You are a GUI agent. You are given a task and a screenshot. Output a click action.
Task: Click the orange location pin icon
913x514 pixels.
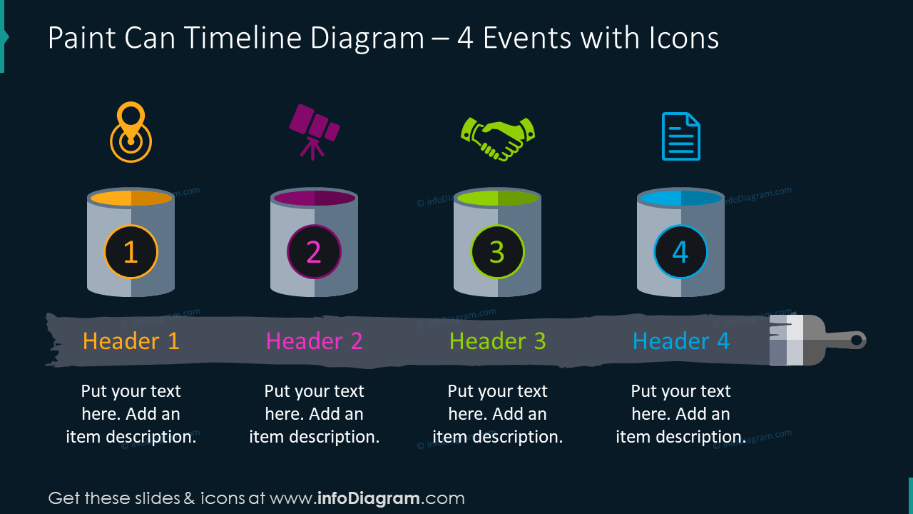tap(131, 133)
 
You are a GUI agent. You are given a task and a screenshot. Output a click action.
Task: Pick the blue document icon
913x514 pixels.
tap(680, 136)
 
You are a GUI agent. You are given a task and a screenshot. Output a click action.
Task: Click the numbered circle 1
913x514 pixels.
tap(131, 252)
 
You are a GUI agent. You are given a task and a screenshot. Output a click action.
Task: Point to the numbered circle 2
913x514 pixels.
tap(314, 252)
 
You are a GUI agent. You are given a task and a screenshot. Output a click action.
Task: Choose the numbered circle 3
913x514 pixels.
tap(497, 252)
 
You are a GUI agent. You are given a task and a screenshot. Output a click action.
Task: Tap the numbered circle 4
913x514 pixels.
tap(680, 252)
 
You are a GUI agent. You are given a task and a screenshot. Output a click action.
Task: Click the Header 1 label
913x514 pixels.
tap(131, 341)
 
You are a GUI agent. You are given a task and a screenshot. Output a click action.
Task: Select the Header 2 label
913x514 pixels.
tap(314, 341)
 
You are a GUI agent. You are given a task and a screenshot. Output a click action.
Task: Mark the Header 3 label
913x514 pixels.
tap(497, 341)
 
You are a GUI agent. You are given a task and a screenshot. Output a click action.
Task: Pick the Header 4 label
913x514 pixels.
tap(680, 341)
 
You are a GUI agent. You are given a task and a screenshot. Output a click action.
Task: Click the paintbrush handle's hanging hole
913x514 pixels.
tap(857, 340)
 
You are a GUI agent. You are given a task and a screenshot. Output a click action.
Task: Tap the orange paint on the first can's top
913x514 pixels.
tap(131, 198)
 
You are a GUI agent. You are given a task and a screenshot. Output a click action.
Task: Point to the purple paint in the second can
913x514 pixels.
tap(314, 198)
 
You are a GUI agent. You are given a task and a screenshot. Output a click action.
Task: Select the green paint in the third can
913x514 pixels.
tap(497, 198)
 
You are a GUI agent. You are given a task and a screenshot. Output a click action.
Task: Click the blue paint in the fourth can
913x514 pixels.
tap(680, 198)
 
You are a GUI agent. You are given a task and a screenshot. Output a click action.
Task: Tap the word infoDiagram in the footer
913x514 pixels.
tap(368, 498)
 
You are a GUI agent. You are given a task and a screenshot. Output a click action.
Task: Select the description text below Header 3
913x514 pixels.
tap(497, 414)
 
